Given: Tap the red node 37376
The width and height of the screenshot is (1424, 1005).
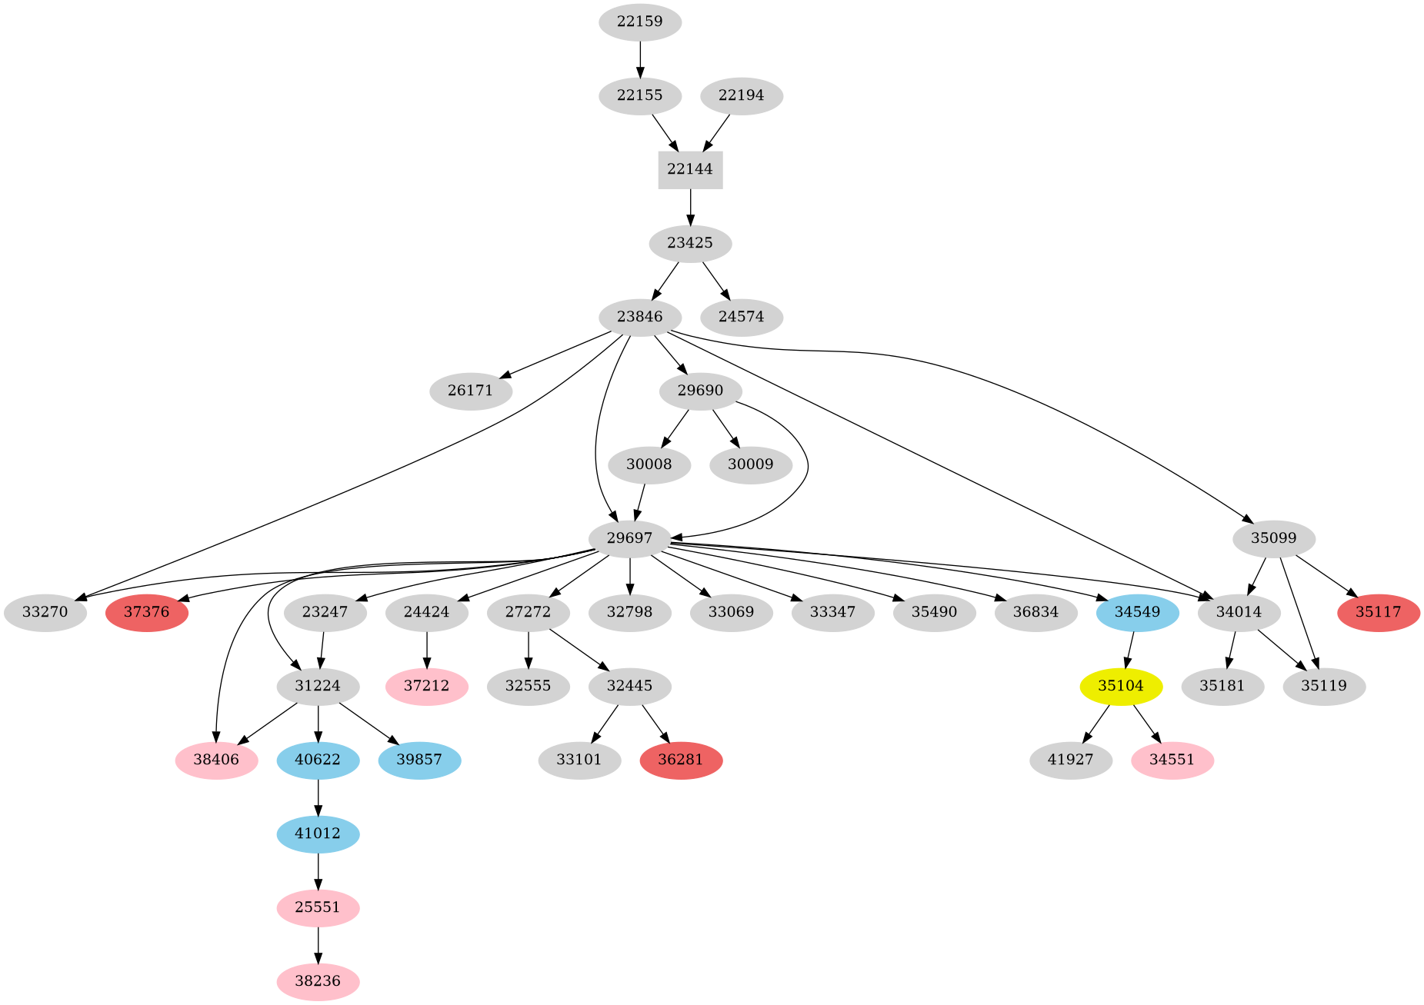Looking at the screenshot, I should click(x=147, y=613).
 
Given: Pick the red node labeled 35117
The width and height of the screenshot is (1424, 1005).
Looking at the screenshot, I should click(x=1378, y=613).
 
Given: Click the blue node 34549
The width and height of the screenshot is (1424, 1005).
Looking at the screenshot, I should click(x=1137, y=613).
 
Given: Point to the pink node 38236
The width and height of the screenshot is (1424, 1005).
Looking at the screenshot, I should click(x=318, y=982).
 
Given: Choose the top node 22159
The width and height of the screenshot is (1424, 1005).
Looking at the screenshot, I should click(x=639, y=22).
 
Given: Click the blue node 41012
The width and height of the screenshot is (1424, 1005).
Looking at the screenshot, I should click(x=318, y=834).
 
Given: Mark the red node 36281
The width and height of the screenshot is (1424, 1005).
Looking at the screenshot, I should click(x=681, y=760).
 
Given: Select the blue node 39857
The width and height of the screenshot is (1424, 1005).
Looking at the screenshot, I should click(x=419, y=760).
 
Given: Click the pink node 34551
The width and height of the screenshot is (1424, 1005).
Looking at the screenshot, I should click(x=1172, y=760).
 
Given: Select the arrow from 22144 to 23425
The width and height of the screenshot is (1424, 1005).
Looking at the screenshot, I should click(x=690, y=206).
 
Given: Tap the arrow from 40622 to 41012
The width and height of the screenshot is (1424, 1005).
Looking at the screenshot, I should click(x=318, y=797).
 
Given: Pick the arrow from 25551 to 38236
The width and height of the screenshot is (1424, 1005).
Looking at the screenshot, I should click(x=318, y=945).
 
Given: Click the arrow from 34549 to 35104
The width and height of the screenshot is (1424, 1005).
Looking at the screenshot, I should click(x=1129, y=650).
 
